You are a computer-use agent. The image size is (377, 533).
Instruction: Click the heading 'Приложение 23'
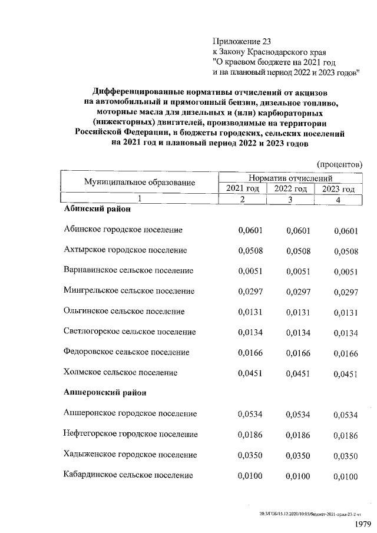(x=242, y=42)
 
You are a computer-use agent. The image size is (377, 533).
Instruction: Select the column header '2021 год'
(x=242, y=189)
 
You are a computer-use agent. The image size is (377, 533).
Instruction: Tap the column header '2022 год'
(x=290, y=189)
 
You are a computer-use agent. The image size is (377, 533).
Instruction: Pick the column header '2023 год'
(x=338, y=189)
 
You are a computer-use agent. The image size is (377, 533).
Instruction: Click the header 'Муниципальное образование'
(x=139, y=183)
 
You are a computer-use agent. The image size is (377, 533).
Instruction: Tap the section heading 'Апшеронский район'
(x=105, y=392)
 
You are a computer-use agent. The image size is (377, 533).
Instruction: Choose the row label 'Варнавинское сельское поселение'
(x=128, y=271)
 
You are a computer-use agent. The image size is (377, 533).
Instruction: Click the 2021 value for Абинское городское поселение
(x=250, y=230)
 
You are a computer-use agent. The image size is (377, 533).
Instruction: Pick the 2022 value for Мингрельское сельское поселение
(x=298, y=291)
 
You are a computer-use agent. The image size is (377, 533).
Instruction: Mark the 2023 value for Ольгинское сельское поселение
(x=346, y=312)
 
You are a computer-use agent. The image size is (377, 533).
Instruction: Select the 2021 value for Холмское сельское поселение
(x=250, y=372)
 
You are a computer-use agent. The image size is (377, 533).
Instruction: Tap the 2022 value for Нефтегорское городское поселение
(x=298, y=435)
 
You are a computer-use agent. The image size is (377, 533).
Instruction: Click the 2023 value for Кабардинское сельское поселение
(x=346, y=476)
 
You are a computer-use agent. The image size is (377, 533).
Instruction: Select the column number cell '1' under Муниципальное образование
(x=139, y=200)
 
